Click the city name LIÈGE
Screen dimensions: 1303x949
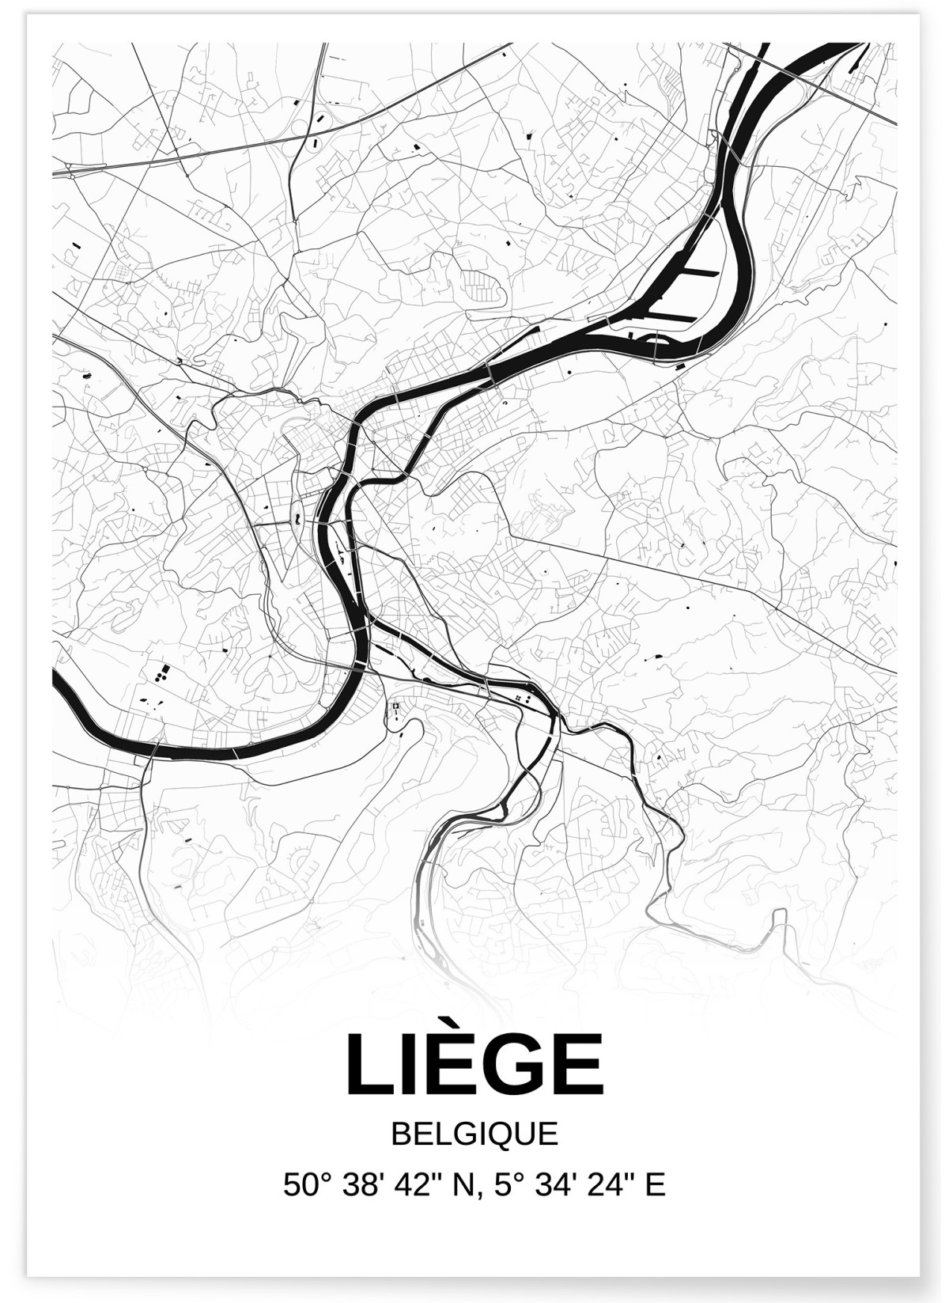click(475, 1064)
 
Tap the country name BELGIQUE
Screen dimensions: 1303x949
click(475, 1134)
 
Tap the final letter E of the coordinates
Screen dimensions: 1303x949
click(656, 1184)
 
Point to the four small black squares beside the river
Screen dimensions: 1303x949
click(520, 698)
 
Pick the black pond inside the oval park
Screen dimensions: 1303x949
click(296, 519)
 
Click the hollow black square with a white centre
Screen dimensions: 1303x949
click(393, 706)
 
